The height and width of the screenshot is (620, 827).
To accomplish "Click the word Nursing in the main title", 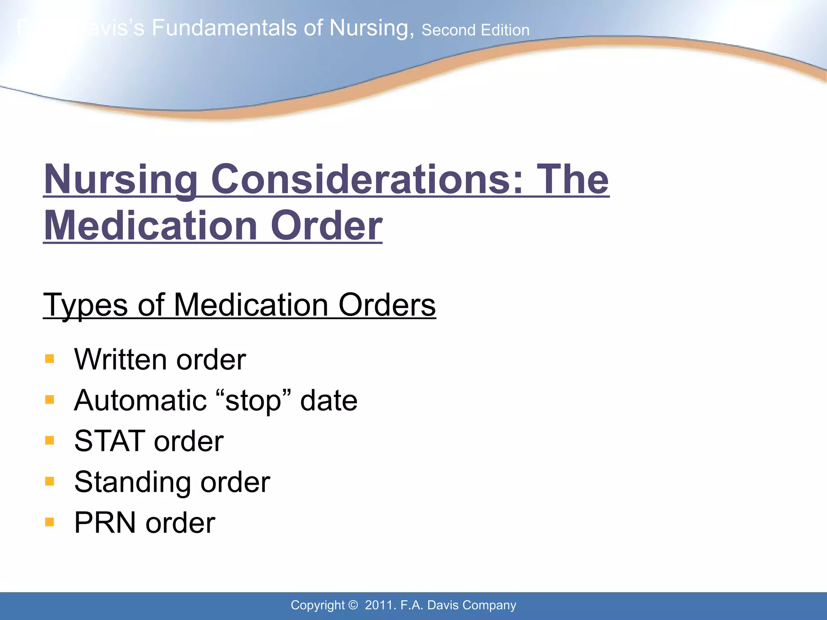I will click(120, 180).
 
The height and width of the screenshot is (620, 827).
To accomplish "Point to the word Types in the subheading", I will click(86, 305).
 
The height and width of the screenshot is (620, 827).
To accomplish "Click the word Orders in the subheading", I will click(387, 305).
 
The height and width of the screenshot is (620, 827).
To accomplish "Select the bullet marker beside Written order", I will click(50, 359).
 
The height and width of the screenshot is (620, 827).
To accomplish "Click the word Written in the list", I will click(120, 359).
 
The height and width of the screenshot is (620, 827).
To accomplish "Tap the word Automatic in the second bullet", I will click(141, 400).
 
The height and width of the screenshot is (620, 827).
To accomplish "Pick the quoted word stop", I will click(253, 400).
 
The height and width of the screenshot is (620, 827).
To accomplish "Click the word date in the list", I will click(329, 400).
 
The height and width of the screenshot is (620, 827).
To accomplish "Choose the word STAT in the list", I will click(110, 441).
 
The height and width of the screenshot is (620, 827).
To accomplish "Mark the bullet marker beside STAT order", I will click(50, 440).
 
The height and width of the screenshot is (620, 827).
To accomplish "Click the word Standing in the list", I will click(132, 482).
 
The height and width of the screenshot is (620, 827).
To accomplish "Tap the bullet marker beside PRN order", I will click(50, 522).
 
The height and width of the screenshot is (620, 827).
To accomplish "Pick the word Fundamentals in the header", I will click(224, 28).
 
